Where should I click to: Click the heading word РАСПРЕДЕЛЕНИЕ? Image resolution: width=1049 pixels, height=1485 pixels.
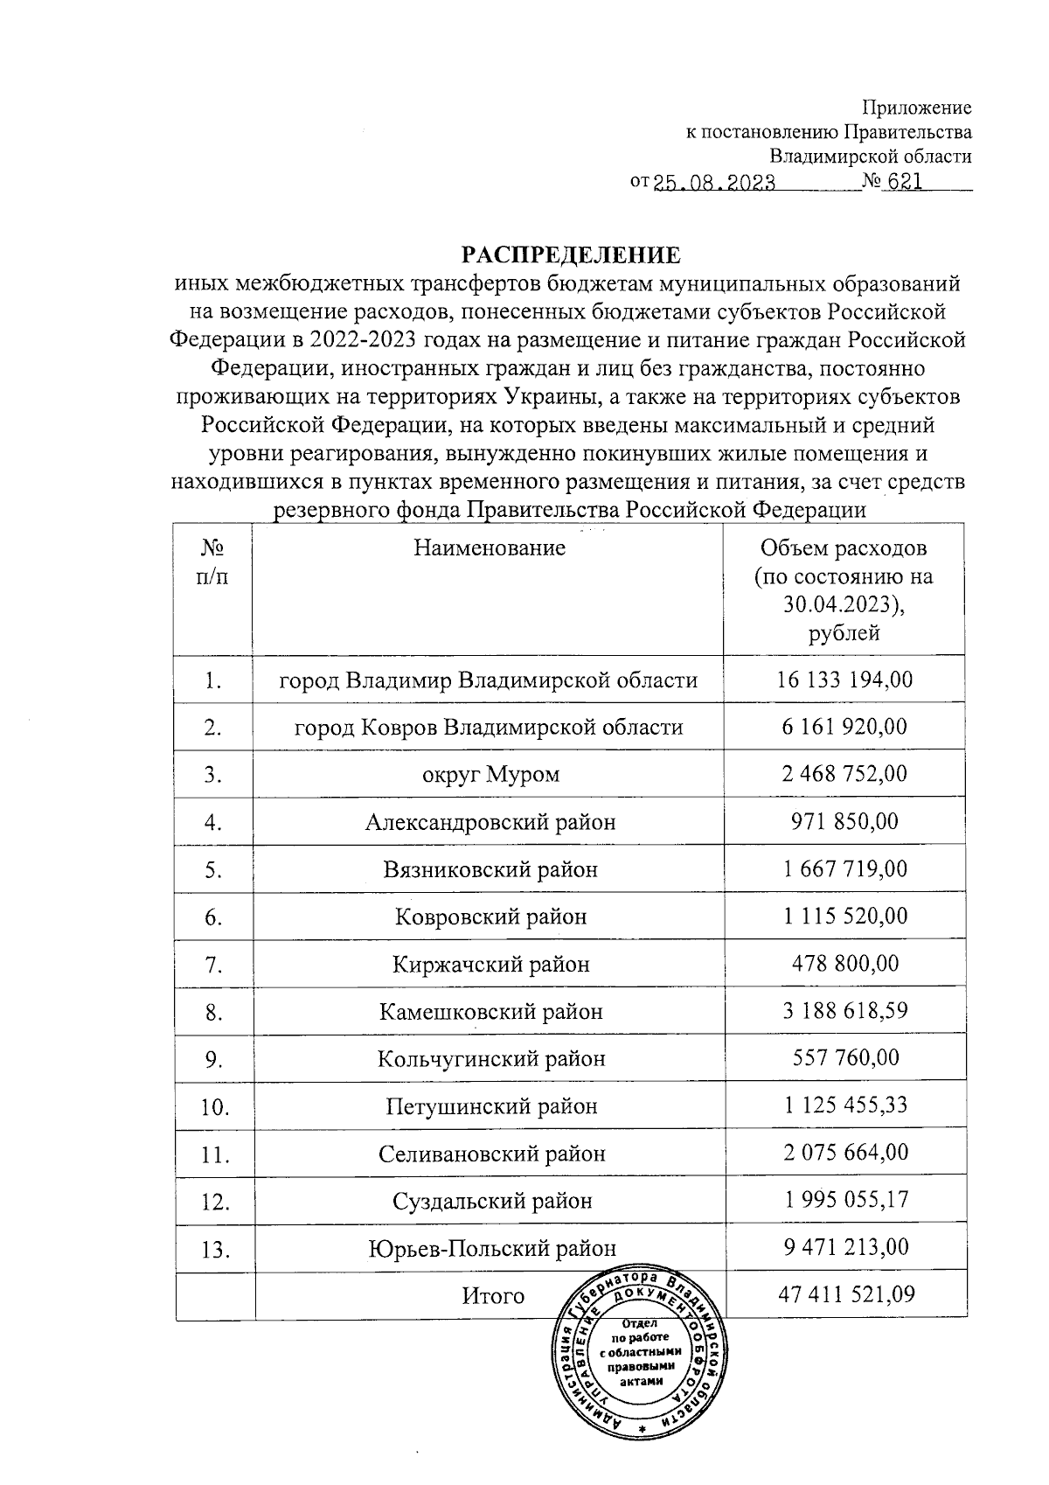570,255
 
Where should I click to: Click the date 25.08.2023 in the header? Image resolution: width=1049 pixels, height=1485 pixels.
714,184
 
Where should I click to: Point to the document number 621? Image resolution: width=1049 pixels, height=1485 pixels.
906,183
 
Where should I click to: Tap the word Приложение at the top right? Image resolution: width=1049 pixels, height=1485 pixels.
917,108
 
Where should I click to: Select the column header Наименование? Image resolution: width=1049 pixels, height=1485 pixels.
489,548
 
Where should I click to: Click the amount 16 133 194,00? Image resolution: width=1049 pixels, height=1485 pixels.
844,680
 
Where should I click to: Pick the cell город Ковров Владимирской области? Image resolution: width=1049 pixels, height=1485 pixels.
489,728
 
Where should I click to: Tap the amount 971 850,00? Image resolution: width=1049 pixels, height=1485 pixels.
844,822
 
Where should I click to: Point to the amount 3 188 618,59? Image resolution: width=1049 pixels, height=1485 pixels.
844,1011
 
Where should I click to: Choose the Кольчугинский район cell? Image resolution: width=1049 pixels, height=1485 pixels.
491,1059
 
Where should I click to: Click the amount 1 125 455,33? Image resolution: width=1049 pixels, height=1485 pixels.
844,1105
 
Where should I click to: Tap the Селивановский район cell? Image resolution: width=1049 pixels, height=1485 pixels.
491,1154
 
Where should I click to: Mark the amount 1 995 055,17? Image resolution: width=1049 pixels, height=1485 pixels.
844,1200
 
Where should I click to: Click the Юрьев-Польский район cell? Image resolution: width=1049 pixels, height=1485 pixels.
491,1249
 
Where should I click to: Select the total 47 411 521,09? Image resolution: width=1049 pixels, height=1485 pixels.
846,1294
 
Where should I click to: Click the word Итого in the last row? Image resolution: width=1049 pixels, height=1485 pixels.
493,1296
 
